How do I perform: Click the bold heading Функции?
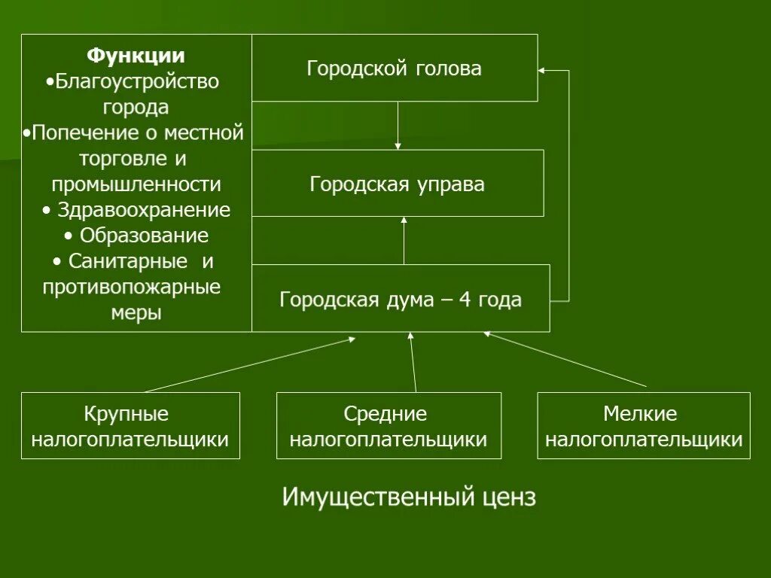click(x=136, y=56)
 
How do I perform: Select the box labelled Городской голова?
click(x=394, y=68)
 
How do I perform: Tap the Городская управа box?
click(x=397, y=184)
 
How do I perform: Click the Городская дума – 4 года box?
click(x=400, y=300)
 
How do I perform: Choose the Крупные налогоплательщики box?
click(x=130, y=427)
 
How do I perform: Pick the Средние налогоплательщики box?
click(x=389, y=427)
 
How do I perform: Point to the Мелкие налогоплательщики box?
click(x=644, y=427)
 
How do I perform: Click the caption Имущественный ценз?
click(x=409, y=497)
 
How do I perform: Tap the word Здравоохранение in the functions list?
click(x=144, y=210)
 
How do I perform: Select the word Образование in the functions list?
click(x=144, y=236)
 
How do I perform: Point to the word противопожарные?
click(x=132, y=287)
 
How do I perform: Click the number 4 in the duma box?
click(x=465, y=300)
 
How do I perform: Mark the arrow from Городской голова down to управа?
click(x=398, y=125)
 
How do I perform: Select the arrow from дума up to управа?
click(x=404, y=241)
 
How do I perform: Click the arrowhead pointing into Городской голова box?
click(x=543, y=71)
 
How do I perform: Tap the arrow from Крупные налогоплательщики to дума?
click(x=248, y=365)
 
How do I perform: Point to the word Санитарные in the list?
click(x=127, y=261)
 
